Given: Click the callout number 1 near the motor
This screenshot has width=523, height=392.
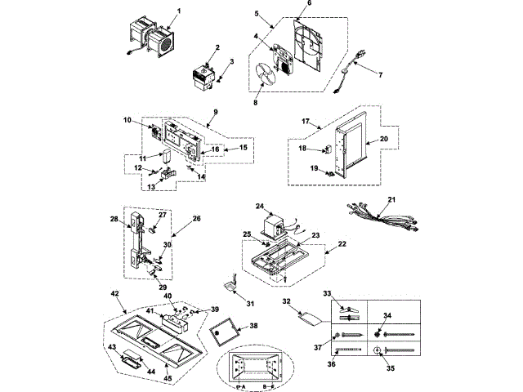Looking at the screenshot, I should point(181,11).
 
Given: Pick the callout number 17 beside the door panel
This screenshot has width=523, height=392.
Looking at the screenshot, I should point(304,122).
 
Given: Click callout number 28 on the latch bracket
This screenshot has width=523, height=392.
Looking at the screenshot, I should point(115,219).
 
